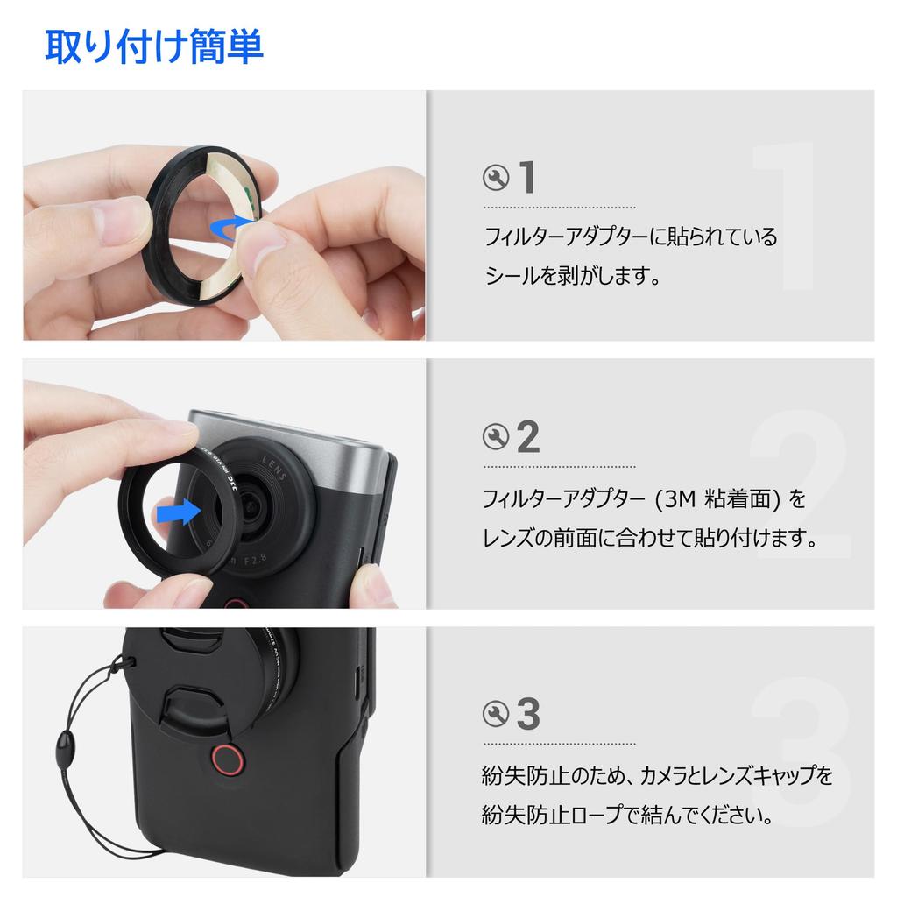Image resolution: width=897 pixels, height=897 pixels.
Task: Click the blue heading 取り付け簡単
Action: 153,47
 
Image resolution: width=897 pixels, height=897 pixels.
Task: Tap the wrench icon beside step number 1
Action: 496,178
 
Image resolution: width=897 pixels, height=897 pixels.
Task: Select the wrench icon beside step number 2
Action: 496,436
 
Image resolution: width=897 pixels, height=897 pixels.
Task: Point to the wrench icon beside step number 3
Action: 496,714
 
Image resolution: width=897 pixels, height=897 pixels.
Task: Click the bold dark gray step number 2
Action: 528,436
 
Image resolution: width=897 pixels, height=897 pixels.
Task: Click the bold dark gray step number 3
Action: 528,714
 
